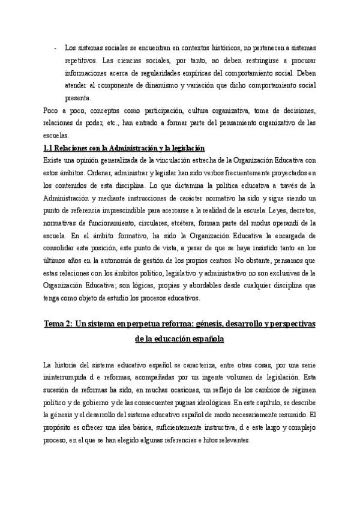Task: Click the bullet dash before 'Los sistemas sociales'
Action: tap(55, 47)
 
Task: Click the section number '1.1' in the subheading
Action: tap(50, 148)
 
